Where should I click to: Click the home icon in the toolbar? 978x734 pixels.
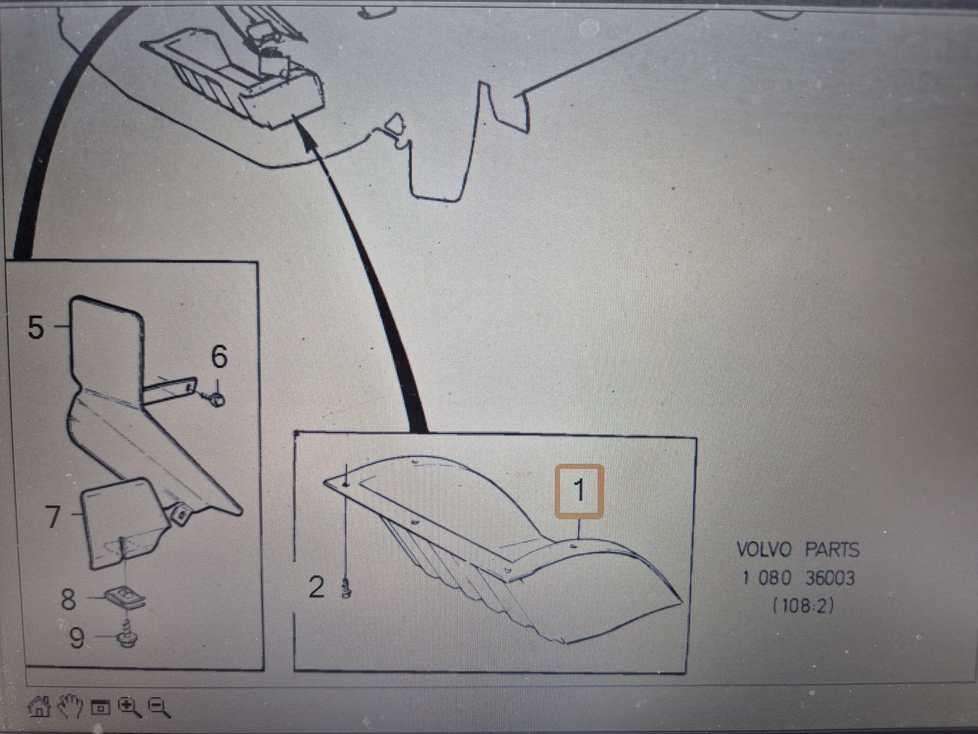pos(39,707)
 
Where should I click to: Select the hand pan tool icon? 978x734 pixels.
pos(70,706)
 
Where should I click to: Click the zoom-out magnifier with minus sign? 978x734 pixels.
pos(159,708)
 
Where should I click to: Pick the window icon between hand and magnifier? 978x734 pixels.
pos(101,708)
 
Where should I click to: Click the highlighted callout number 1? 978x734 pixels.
pos(579,490)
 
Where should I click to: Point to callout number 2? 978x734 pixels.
pos(316,587)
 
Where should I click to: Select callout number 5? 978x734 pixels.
pos(36,327)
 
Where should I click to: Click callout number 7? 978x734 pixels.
pos(53,516)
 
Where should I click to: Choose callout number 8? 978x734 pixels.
pos(68,599)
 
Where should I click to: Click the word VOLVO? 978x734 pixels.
pos(764,550)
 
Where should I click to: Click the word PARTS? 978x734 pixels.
pos(832,550)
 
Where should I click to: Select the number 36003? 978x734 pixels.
pos(830,578)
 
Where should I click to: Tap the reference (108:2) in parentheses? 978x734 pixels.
pos(802,606)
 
